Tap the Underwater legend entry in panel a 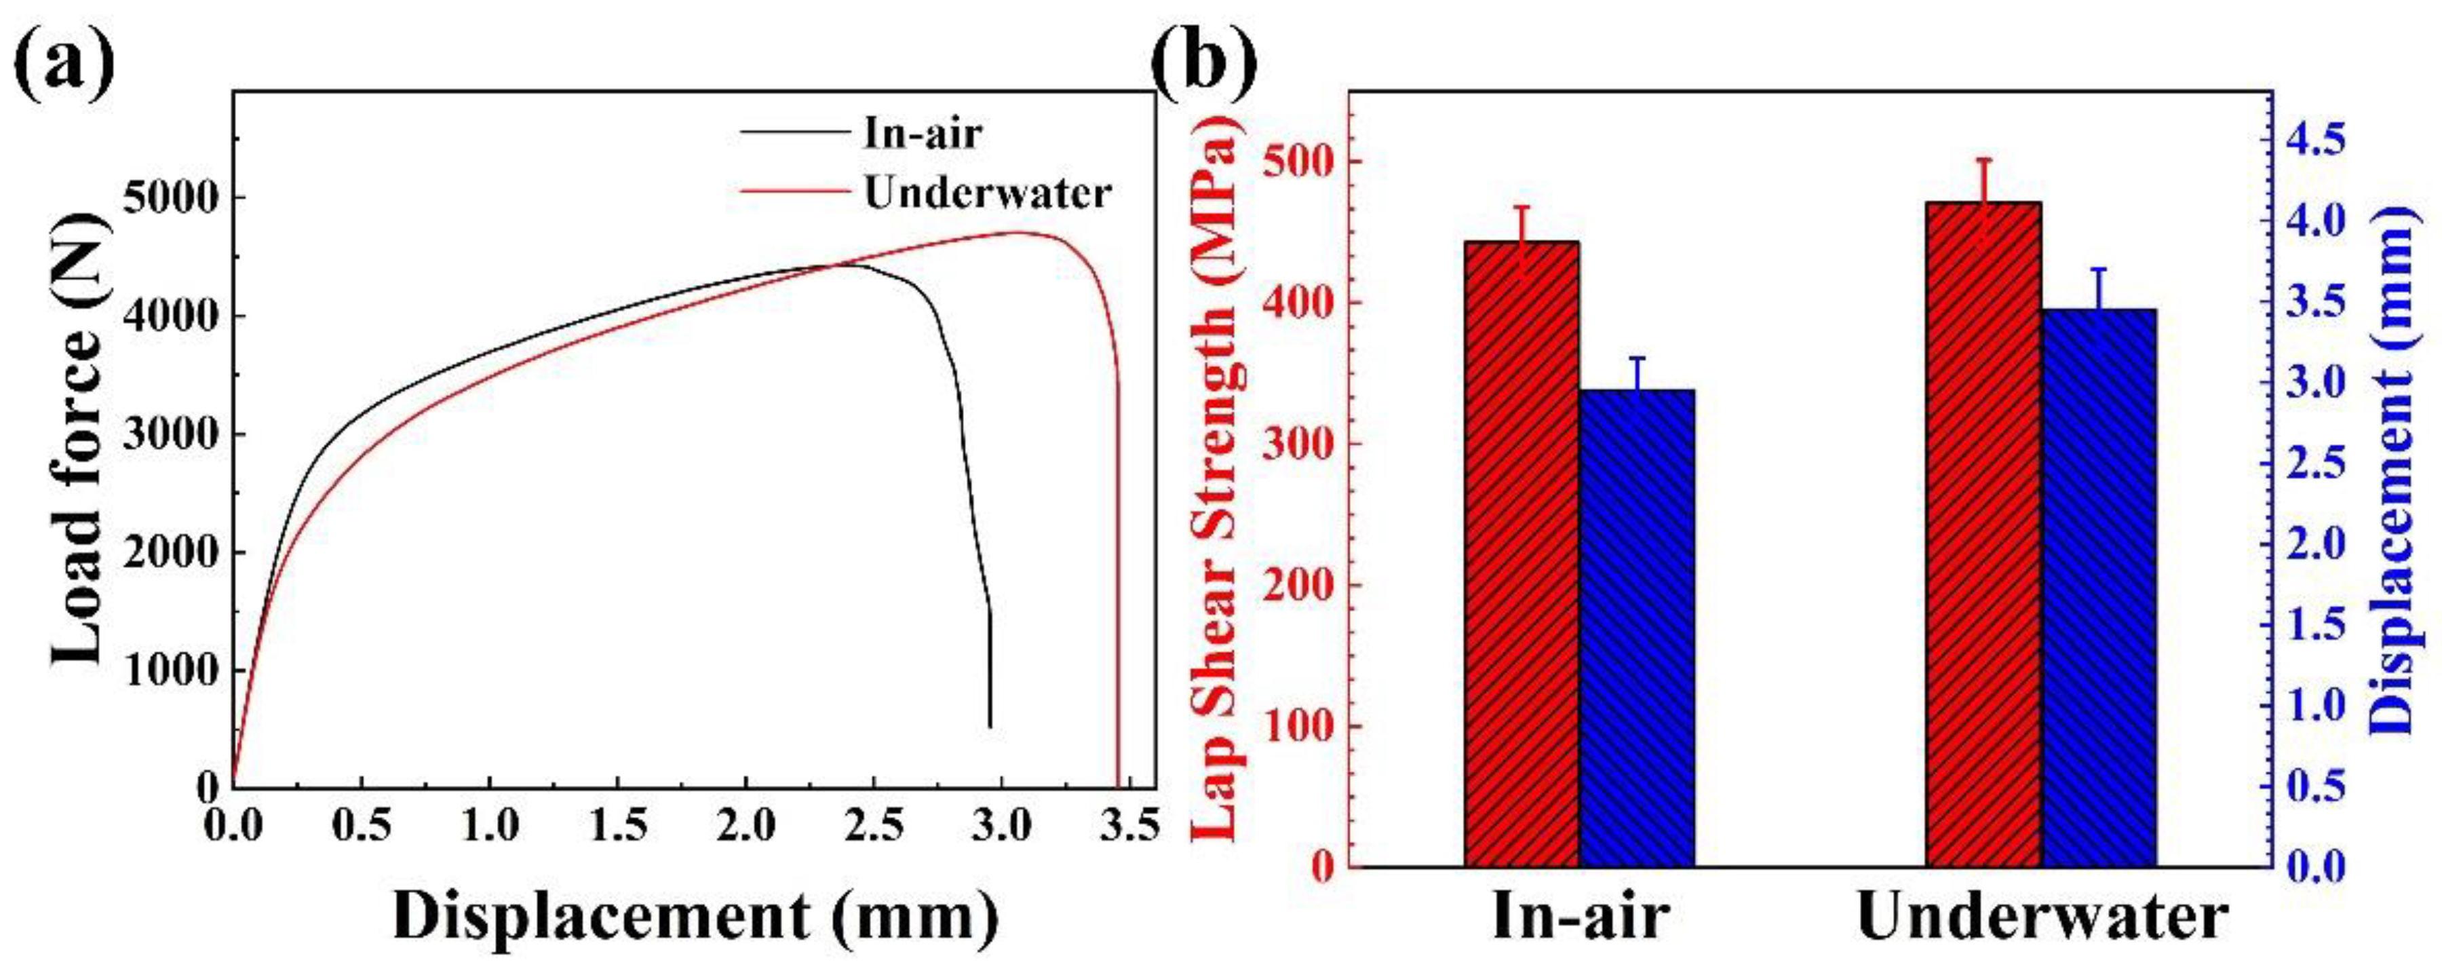point(986,193)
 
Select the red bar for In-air point(1522,555)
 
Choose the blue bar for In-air point(1637,628)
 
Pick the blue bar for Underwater point(2099,588)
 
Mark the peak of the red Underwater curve point(1019,231)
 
